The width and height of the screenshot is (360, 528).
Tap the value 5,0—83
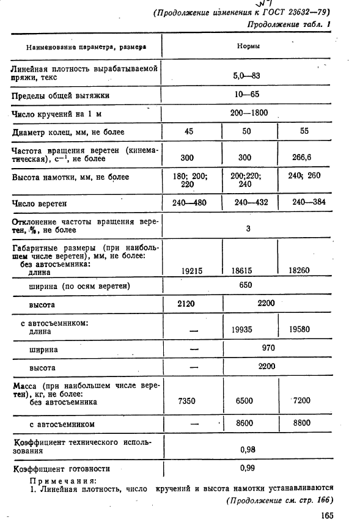point(246,76)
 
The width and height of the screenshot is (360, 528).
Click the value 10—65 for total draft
point(246,95)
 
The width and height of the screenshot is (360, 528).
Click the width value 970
point(268,348)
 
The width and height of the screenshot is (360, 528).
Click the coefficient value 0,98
point(248,449)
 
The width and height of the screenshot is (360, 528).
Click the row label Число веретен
point(39,203)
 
